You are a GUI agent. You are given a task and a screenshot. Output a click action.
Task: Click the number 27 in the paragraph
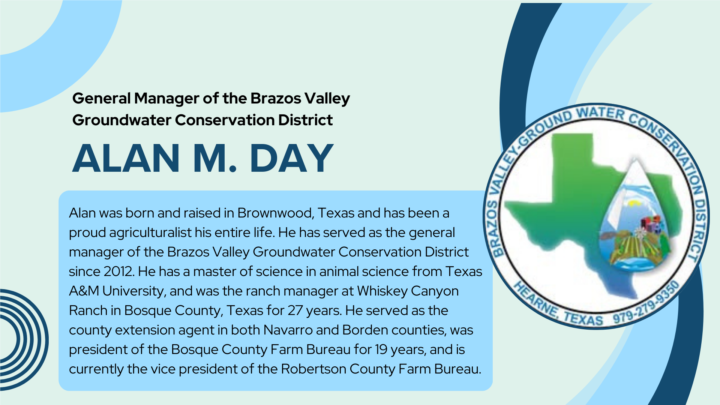pyautogui.click(x=295, y=310)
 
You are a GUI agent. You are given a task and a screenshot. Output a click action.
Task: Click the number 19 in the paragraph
pyautogui.click(x=381, y=349)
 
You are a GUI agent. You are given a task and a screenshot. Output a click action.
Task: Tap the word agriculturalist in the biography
pyautogui.click(x=150, y=233)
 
